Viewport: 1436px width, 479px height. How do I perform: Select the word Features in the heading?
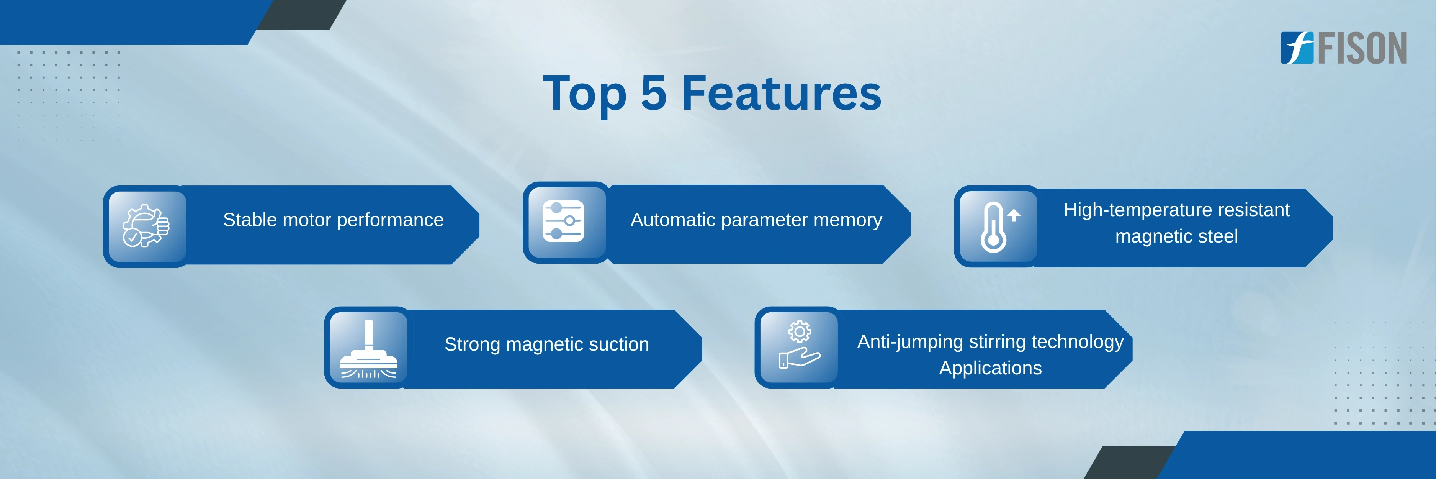pyautogui.click(x=782, y=93)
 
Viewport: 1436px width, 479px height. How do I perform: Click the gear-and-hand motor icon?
pyautogui.click(x=146, y=226)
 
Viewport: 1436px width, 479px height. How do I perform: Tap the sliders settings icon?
pyautogui.click(x=564, y=221)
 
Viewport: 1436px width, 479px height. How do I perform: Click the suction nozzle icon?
pyautogui.click(x=368, y=349)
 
